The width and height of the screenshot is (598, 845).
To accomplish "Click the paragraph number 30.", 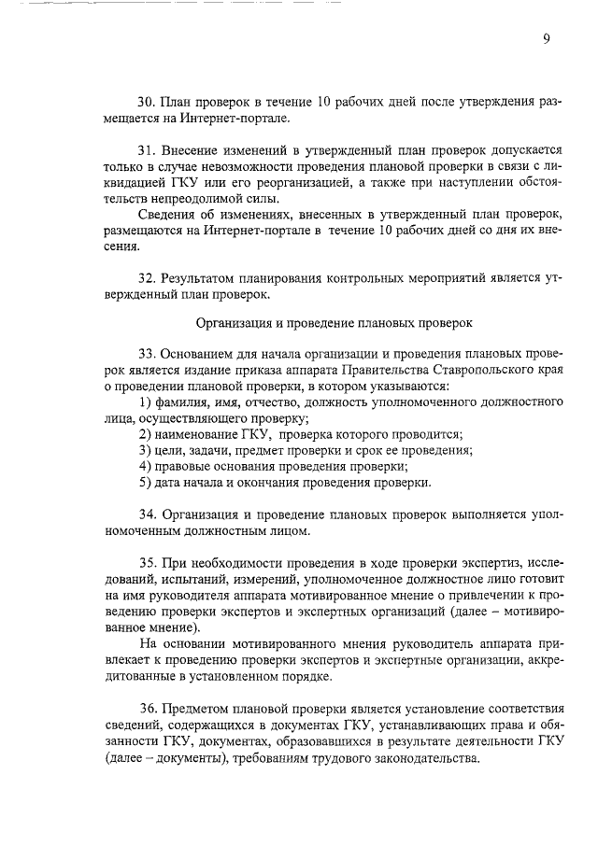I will click(146, 101).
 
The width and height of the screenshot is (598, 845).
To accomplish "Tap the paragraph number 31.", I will click(146, 149).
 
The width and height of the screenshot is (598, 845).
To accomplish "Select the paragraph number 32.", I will click(146, 278).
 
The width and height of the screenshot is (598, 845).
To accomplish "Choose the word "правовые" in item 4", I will click(182, 466).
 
